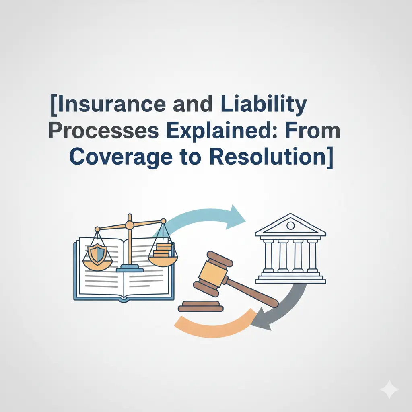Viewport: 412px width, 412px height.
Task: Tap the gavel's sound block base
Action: pyautogui.click(x=201, y=306)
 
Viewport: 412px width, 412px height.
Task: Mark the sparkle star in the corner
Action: pyautogui.click(x=389, y=390)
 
